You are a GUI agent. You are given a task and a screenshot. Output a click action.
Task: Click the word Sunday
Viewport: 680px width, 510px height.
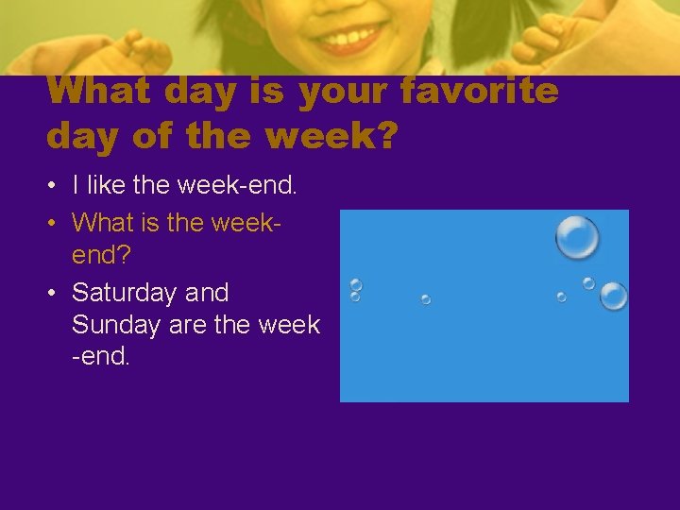112,325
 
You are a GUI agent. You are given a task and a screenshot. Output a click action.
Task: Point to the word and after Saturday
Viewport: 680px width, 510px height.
207,293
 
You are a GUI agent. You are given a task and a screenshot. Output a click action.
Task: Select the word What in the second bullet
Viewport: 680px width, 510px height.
103,222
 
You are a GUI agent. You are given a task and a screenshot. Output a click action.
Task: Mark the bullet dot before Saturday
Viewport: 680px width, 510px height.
55,293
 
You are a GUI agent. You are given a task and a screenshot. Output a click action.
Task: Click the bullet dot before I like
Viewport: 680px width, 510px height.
55,186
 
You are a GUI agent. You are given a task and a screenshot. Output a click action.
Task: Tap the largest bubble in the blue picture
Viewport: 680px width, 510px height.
577,237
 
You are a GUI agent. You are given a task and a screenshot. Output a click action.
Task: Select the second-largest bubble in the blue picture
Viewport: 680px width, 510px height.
614,296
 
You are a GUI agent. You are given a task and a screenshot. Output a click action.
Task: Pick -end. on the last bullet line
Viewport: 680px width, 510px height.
101,358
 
